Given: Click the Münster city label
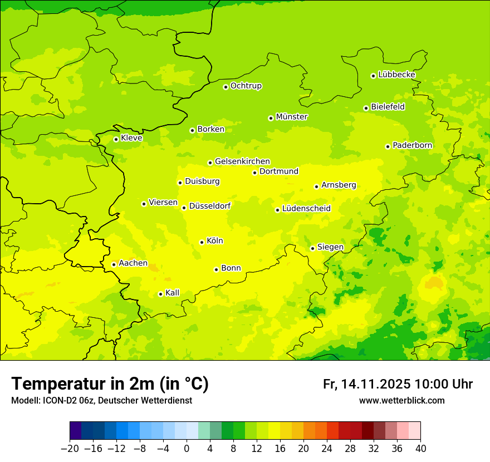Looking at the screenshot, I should point(292,117).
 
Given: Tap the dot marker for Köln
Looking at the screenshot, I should point(202,242).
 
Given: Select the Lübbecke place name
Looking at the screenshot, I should point(396,75).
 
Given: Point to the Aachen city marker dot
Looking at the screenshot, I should point(114,264).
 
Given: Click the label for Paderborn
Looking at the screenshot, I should point(413,145).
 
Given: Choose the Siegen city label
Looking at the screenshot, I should point(330,247).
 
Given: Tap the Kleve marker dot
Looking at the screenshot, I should point(116,139).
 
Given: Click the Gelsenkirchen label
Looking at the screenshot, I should point(242,161).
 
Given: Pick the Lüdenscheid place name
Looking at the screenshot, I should point(306,209).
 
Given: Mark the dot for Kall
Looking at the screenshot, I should point(160,294).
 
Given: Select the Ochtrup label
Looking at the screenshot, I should point(246,86).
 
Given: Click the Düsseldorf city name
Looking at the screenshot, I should point(210,206).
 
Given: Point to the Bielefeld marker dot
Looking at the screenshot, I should point(366,108).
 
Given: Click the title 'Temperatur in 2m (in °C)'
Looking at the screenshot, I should point(110,384).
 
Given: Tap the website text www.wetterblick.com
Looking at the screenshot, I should point(402,401).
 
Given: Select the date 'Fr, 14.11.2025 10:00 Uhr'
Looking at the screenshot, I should point(398,384).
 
